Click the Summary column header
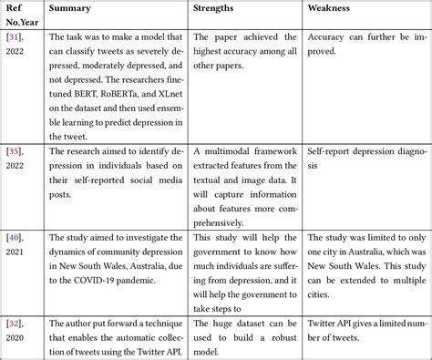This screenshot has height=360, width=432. point(69,8)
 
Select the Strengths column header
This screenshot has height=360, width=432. point(217,8)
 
